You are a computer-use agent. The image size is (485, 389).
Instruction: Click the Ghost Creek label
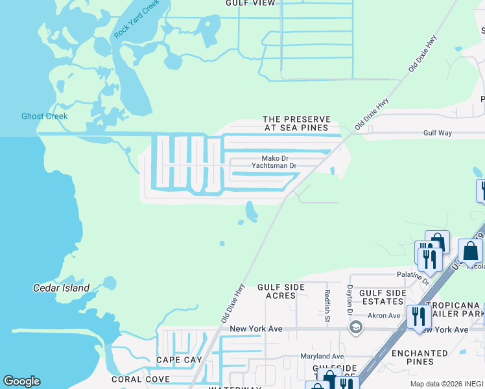click(44, 117)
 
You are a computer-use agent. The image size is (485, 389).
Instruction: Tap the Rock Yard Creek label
click(136, 19)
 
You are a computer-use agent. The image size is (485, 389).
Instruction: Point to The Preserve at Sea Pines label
click(296, 124)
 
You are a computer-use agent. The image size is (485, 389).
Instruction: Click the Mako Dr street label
click(274, 158)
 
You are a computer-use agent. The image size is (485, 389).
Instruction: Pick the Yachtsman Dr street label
click(274, 166)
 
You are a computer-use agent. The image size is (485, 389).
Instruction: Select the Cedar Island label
click(61, 288)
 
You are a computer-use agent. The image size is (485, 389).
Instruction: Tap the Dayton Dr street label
click(349, 301)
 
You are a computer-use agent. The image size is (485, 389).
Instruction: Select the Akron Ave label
click(384, 316)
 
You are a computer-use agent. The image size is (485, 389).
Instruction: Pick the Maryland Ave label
click(322, 357)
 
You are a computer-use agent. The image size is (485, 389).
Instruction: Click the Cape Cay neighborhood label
click(179, 360)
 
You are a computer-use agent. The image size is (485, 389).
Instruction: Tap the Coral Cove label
click(141, 379)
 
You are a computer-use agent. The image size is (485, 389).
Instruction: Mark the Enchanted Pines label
click(420, 357)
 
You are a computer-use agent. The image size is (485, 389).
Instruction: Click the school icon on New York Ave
click(355, 328)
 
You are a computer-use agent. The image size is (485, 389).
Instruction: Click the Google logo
click(21, 381)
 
